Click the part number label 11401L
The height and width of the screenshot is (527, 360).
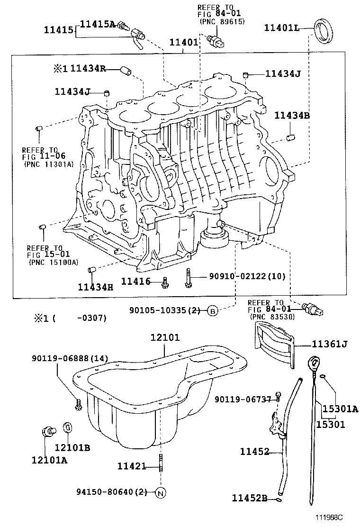[281, 28]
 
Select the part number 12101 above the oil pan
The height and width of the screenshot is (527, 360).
[165, 338]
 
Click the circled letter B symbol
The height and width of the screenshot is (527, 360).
[213, 311]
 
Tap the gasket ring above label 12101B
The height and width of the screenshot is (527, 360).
[67, 427]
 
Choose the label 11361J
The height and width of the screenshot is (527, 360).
[329, 345]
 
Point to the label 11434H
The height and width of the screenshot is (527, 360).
[96, 286]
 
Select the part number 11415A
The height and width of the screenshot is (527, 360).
[97, 24]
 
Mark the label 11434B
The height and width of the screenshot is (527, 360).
[292, 115]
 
